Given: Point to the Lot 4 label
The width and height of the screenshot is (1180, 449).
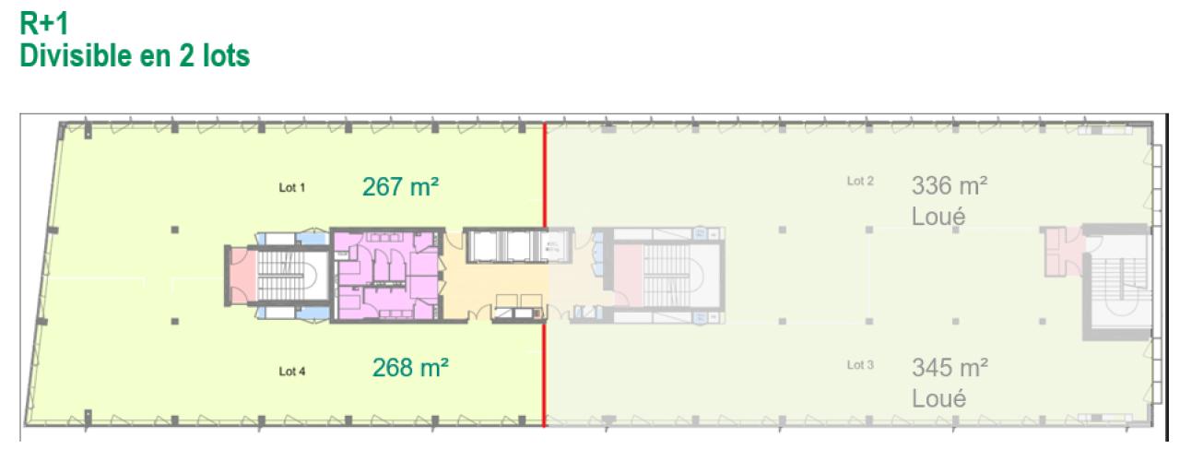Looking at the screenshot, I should (291, 372).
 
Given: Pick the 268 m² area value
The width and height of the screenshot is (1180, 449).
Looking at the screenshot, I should (410, 369).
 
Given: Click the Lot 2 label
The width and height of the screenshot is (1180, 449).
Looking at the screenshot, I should (859, 182).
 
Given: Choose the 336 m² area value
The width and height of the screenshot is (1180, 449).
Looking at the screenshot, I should (950, 186).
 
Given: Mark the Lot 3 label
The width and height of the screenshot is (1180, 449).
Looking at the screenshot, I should (859, 365).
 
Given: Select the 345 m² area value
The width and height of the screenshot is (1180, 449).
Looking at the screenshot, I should (950, 368).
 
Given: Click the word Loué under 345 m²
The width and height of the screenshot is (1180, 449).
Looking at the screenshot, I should (938, 399).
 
